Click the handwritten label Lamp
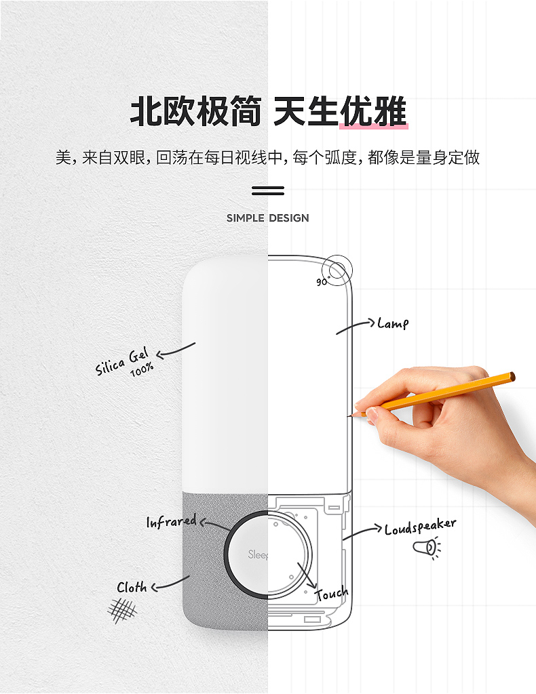click(x=393, y=323)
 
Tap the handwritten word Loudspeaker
click(x=420, y=526)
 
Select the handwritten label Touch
click(x=332, y=594)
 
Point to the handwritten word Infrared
click(x=172, y=521)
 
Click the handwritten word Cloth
click(x=132, y=587)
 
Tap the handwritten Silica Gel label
click(x=121, y=362)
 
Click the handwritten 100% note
click(x=142, y=369)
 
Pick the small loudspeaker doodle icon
click(x=427, y=548)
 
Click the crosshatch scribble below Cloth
click(x=122, y=611)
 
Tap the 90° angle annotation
click(x=322, y=281)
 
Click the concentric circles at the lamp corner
click(x=337, y=270)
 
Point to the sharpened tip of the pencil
click(x=349, y=416)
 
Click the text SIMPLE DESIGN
click(x=267, y=218)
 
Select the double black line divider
click(x=268, y=190)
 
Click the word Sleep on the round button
click(x=258, y=554)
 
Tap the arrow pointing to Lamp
click(x=356, y=326)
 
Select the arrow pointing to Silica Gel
click(x=176, y=351)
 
